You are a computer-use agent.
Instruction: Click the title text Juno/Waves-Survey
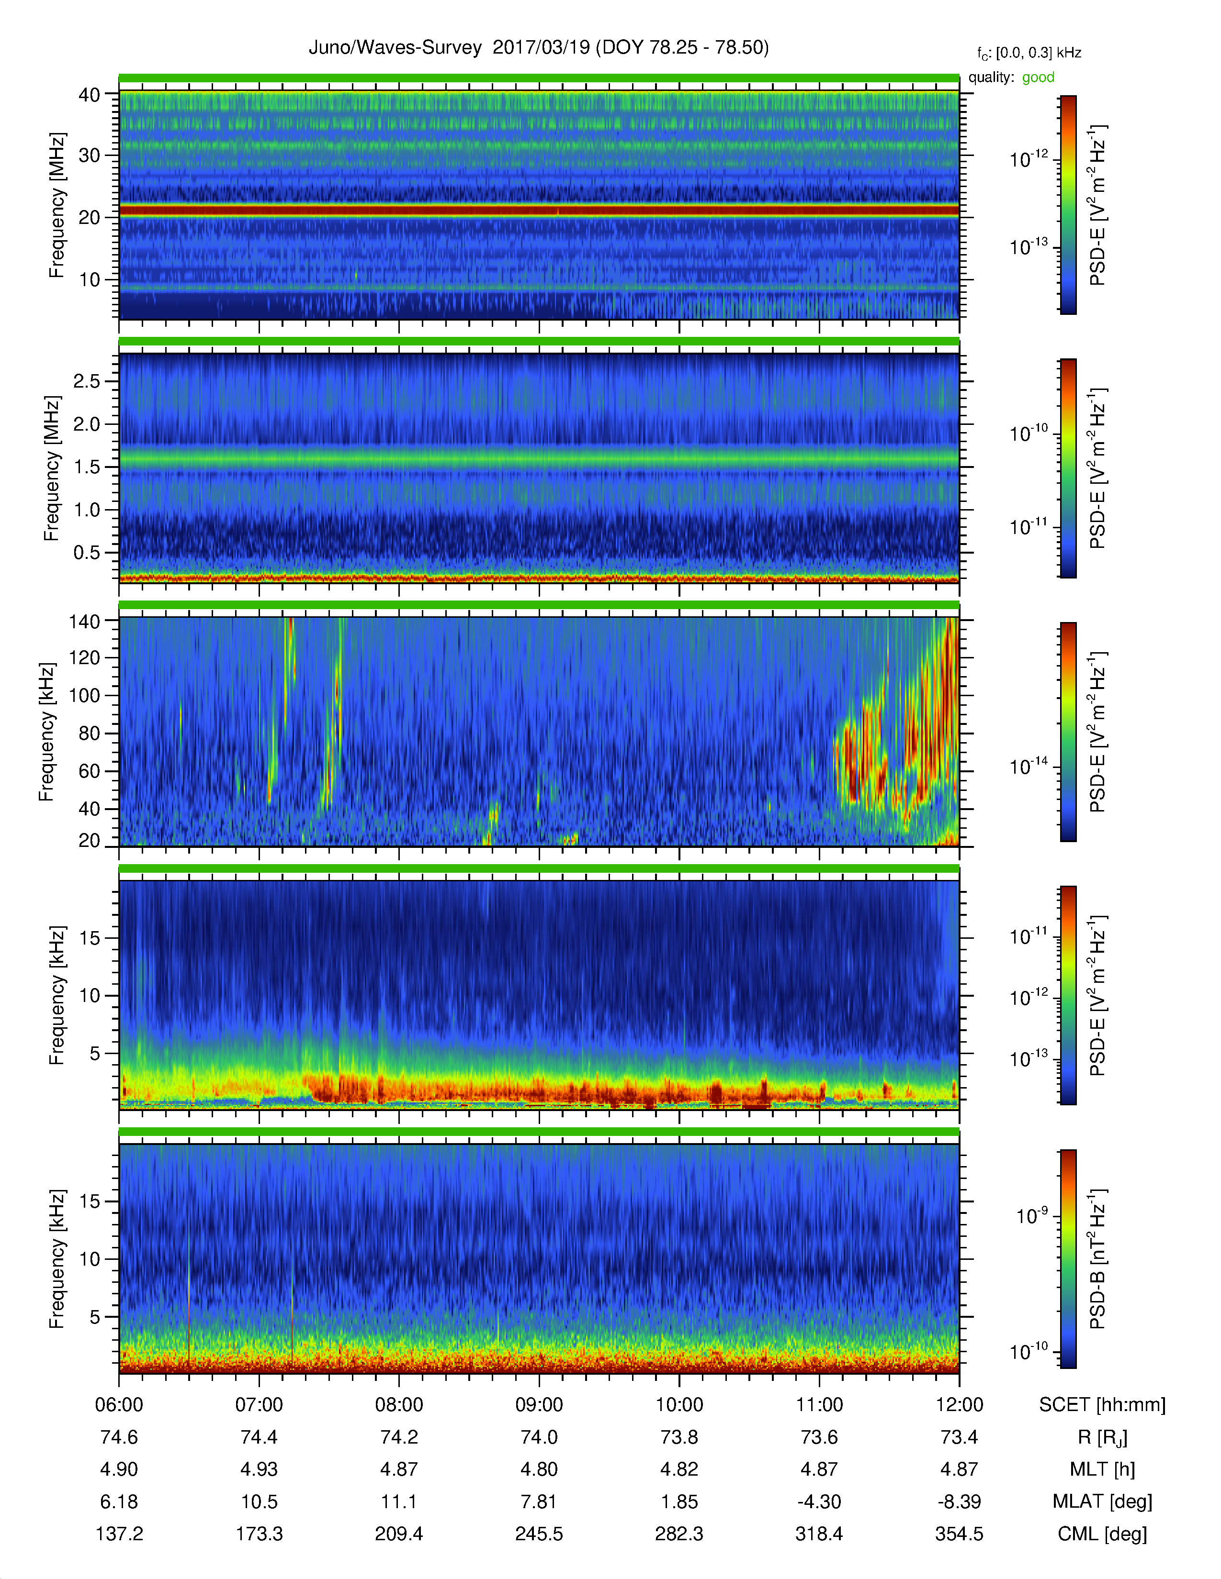coord(395,48)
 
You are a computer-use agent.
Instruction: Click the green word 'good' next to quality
coord(1038,78)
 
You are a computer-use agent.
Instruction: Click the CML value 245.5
coord(539,1534)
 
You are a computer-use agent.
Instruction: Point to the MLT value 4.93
coord(259,1469)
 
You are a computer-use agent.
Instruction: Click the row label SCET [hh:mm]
coord(1102,1405)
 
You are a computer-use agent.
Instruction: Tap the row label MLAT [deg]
coord(1102,1501)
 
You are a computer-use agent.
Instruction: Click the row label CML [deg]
coord(1102,1534)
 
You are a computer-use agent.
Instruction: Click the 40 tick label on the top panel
coord(89,95)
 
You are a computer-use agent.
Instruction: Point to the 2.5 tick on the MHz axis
coord(86,381)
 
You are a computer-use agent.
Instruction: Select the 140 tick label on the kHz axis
coord(84,621)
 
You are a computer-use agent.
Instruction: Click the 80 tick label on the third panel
coord(89,733)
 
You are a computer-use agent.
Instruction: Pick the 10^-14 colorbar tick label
coord(1029,766)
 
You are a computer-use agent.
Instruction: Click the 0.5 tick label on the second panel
coord(86,552)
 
